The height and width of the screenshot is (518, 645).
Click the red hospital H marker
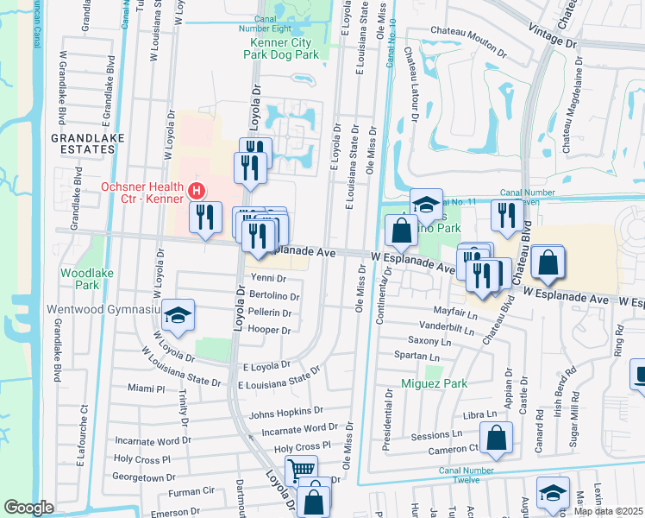click(x=197, y=191)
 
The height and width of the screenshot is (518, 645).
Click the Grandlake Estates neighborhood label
click(x=87, y=143)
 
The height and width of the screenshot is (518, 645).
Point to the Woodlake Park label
click(x=80, y=278)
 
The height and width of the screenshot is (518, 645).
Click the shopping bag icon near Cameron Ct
click(x=497, y=438)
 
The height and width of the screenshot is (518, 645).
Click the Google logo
click(x=28, y=508)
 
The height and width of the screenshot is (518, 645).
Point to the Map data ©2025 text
click(x=608, y=511)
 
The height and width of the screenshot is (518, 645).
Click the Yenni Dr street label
click(x=268, y=278)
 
